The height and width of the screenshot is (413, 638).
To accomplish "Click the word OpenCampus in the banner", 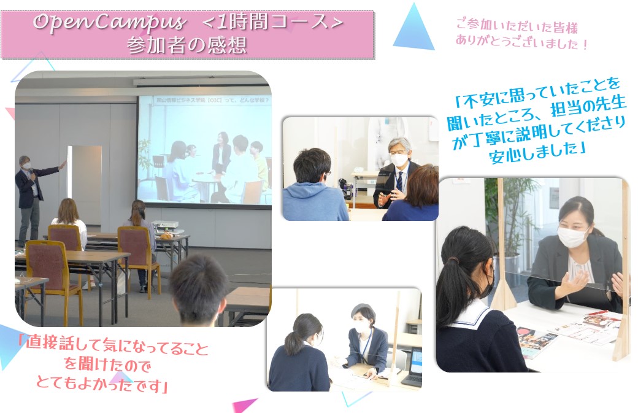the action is click(x=109, y=23).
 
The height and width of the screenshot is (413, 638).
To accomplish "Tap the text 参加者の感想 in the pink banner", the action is click(x=186, y=45).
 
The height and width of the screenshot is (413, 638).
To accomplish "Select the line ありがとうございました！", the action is click(x=522, y=42).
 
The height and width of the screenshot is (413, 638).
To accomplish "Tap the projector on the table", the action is click(x=165, y=225).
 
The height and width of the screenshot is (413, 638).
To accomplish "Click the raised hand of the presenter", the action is click(x=62, y=165).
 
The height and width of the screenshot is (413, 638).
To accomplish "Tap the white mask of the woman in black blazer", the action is click(x=572, y=237).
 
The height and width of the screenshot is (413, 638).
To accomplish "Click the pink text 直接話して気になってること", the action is click(x=113, y=348).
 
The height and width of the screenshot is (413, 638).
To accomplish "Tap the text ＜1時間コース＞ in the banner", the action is click(x=272, y=23).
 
